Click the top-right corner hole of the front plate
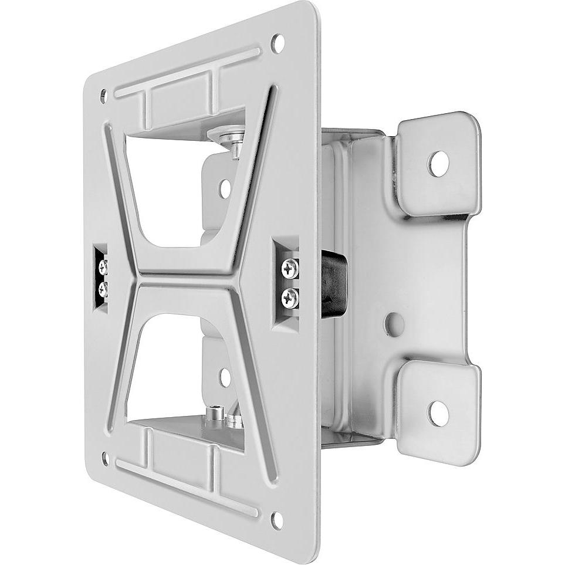click(x=277, y=42)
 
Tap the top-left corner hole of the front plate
click(x=104, y=96)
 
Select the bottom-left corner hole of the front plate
click(x=105, y=458)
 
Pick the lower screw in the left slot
click(x=103, y=288)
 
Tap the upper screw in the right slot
click(x=290, y=269)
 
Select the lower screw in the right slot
click(x=290, y=298)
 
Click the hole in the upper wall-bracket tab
click(x=438, y=164)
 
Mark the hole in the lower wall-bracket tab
click(x=438, y=414)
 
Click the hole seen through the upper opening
click(x=225, y=188)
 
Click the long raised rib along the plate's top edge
click(x=188, y=73)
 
